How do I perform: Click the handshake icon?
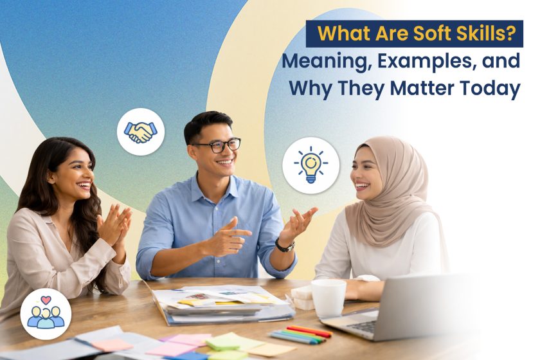[140, 132]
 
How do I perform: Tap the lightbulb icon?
[310, 165]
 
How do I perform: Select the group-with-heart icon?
[46, 313]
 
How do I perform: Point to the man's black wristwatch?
[284, 245]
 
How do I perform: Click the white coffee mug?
[328, 298]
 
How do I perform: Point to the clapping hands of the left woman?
[114, 224]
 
